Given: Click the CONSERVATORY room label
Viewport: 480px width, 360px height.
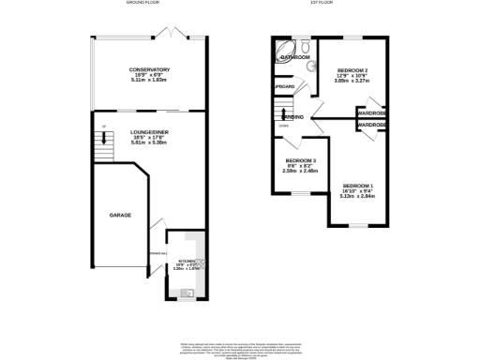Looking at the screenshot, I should coord(149,69).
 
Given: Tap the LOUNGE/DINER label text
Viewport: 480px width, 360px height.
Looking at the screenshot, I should coord(149,133).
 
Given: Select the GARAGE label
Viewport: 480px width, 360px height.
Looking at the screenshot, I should coord(119,216).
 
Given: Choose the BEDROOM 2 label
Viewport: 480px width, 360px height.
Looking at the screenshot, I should coord(352,70).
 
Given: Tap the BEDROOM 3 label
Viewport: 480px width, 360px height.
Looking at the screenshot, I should coord(301,160).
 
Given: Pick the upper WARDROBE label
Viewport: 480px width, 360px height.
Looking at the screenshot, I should coord(372,113).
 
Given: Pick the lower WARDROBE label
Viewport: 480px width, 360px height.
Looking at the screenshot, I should coord(372,125).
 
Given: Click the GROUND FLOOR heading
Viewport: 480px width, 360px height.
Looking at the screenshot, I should coord(144,4).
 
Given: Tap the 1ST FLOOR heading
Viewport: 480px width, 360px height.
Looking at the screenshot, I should coord(332,4).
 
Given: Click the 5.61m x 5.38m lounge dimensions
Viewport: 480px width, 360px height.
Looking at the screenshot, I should coord(149,144).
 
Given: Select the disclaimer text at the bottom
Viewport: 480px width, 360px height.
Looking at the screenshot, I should coord(240,350).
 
